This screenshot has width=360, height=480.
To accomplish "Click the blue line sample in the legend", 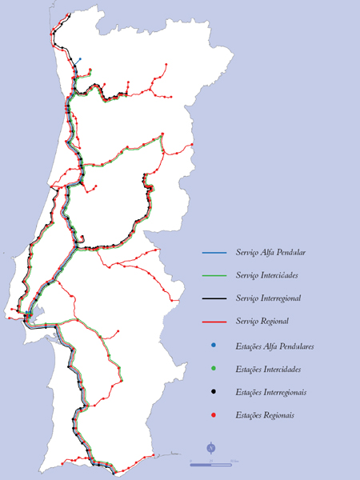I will point(214,253).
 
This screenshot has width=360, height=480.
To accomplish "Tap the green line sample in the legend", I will point(214,276).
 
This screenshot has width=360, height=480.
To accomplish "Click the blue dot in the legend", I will point(214,346).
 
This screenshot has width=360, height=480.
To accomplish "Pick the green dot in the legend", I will point(214,369).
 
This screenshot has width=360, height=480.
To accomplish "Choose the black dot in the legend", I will point(214,392).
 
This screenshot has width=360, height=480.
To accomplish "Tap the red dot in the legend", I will point(214,415).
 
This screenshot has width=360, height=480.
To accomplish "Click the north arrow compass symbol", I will point(210,447).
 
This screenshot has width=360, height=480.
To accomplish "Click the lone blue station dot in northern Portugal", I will point(79,58).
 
